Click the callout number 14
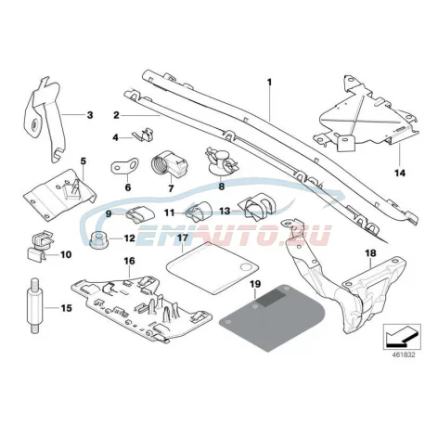[x=400, y=173]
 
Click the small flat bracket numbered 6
[x=124, y=166]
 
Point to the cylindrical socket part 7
[x=170, y=163]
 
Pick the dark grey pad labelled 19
[x=272, y=317]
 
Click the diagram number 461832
[x=404, y=354]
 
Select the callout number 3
[x=90, y=115]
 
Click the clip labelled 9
[x=140, y=213]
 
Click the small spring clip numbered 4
[x=143, y=135]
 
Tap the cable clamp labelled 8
[x=222, y=161]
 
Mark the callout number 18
[x=370, y=253]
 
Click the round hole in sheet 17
[x=246, y=267]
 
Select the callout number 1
[x=269, y=83]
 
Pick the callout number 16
[x=129, y=261]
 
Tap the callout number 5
[x=84, y=161]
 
